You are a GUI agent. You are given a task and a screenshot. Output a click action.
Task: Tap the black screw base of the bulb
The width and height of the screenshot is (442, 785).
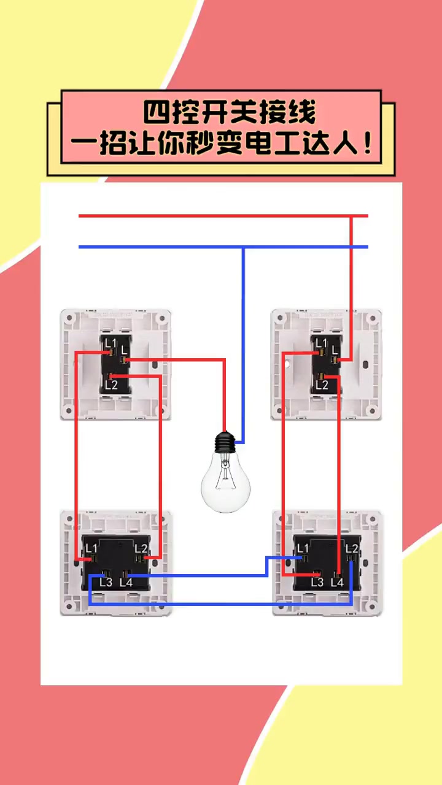click(x=225, y=442)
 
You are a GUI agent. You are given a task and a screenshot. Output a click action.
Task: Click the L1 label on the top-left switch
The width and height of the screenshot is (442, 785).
click(x=110, y=343)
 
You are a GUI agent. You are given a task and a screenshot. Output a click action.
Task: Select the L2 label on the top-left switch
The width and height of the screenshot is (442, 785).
click(x=111, y=385)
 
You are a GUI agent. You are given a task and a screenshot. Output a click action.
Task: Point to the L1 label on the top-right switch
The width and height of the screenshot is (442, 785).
click(x=320, y=343)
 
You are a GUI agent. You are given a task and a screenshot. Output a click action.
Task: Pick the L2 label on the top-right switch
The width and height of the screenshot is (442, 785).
click(x=322, y=385)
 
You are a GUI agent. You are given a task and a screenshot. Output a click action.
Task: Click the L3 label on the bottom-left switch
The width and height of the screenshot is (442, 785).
click(x=106, y=582)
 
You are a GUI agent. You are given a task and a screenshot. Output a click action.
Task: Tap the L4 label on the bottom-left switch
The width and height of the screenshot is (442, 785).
click(x=126, y=582)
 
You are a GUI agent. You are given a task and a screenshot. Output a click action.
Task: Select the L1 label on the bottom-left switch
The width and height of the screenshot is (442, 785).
click(x=91, y=548)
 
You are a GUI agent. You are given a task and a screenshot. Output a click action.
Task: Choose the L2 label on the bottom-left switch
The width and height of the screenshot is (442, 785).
click(x=141, y=548)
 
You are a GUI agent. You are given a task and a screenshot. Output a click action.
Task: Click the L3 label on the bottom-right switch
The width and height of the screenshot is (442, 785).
click(x=317, y=582)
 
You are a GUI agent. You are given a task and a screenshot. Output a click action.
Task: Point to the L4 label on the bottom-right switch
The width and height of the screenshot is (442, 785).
click(x=337, y=582)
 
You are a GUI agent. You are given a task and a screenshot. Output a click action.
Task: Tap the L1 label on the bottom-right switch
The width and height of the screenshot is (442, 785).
click(x=303, y=548)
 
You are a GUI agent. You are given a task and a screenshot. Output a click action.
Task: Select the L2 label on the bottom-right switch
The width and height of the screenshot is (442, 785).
click(x=352, y=548)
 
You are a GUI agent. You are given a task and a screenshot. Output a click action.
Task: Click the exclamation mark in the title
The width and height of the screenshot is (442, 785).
click(x=367, y=144)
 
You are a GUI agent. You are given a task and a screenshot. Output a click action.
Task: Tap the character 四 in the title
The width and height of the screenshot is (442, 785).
click(x=157, y=112)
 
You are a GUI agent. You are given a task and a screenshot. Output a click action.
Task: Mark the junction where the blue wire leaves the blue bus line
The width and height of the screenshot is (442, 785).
click(x=243, y=247)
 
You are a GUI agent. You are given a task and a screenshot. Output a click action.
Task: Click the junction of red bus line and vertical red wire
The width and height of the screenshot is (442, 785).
click(x=351, y=216)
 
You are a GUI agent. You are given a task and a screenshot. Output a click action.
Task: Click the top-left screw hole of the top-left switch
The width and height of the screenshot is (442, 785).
click(x=69, y=318)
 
